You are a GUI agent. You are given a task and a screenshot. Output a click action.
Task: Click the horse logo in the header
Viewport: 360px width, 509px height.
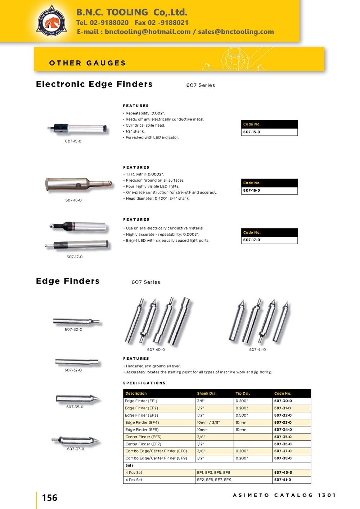click(51, 22)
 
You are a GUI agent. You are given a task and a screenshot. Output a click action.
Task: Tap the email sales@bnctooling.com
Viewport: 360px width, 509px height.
click(236, 32)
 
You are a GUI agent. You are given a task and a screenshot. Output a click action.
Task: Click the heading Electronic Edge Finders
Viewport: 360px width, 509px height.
click(94, 84)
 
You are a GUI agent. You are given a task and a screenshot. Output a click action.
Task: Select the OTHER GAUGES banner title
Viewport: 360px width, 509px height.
click(87, 63)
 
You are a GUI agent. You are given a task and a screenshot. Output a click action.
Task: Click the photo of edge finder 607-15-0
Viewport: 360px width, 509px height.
click(77, 128)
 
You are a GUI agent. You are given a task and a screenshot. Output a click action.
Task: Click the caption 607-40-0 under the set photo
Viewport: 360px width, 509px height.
click(156, 350)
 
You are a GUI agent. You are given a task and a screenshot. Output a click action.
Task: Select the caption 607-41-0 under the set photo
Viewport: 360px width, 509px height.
click(257, 350)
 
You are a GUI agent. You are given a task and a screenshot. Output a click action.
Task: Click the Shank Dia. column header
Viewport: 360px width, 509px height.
click(207, 394)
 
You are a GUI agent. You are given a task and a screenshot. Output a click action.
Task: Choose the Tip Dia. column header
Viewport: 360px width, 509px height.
click(243, 394)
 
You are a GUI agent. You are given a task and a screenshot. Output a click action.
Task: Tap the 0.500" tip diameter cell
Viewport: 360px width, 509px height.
click(242, 415)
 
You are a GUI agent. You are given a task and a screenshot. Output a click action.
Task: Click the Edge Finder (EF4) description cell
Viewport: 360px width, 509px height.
click(142, 422)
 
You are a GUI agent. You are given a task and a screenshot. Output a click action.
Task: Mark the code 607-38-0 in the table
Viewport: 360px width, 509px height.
click(283, 458)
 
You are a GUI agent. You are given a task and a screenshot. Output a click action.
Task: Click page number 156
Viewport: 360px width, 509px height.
click(50, 498)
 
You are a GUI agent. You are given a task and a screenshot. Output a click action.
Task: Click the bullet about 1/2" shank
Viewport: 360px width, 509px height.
click(135, 132)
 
